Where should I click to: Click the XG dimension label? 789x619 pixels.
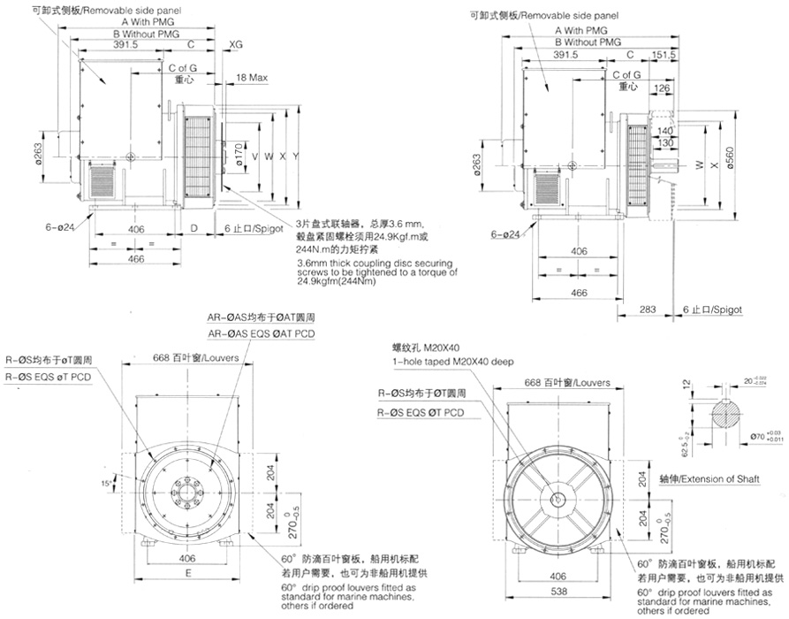click(236, 43)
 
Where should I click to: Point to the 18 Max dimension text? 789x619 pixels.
click(252, 79)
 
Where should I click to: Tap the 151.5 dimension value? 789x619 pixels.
click(664, 54)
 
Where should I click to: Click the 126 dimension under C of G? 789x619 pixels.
click(661, 88)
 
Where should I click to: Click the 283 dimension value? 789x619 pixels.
click(647, 309)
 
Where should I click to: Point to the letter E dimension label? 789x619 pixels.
click(190, 572)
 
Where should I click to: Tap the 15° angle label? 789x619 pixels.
click(107, 484)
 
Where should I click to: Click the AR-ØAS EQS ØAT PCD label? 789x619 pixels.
click(261, 333)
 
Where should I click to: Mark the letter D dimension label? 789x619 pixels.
click(194, 228)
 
